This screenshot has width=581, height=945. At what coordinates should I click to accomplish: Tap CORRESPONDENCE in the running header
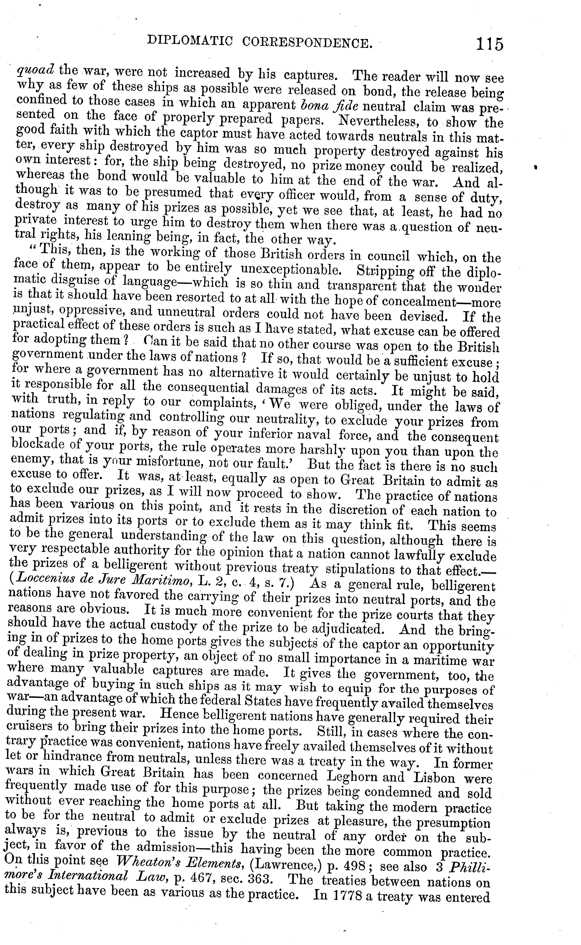pos(307,42)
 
